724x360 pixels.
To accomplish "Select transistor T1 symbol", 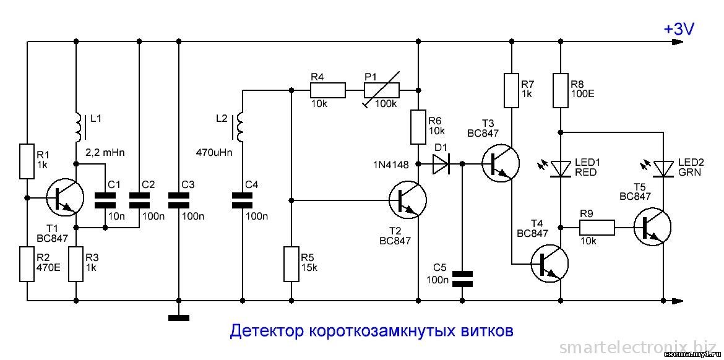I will click(64, 198).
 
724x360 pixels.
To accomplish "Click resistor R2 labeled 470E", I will click(27, 264).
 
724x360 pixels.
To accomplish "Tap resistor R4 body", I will click(327, 92).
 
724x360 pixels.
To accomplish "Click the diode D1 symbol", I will click(442, 164).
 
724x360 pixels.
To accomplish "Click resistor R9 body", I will click(597, 228).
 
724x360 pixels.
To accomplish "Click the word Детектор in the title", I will click(265, 331).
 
